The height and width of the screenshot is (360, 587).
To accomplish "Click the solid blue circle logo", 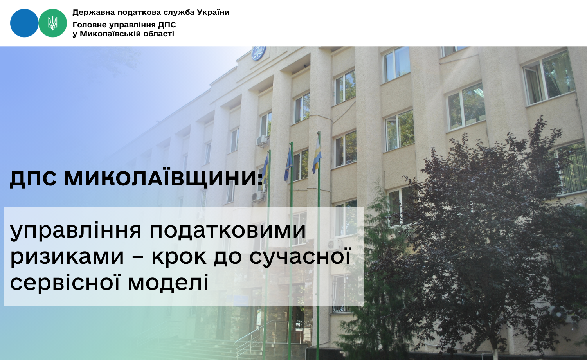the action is (x=24, y=23).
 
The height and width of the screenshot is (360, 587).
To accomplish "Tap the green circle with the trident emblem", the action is (x=53, y=23).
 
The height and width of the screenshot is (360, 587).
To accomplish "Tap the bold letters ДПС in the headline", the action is (x=33, y=179).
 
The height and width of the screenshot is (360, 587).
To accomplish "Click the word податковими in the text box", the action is (x=228, y=231).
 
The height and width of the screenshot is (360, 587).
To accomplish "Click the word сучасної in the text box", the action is (x=300, y=256).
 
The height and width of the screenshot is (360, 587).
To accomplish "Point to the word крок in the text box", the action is (x=179, y=257).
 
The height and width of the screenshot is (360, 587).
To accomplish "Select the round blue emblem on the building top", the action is (x=259, y=53).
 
